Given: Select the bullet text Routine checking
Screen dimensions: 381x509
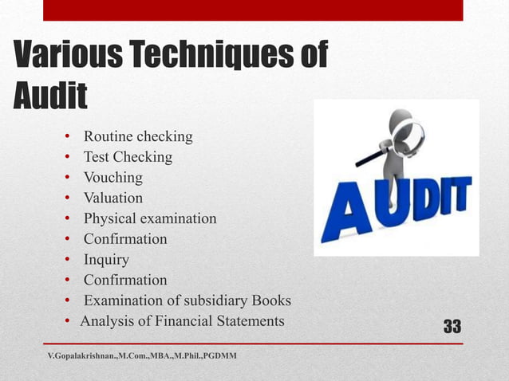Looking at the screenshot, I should [x=138, y=136].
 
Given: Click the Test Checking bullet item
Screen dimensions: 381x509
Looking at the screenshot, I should [x=128, y=157].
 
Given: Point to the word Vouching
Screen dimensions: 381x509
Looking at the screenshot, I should [x=113, y=177].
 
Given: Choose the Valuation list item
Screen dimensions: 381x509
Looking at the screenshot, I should [x=113, y=198].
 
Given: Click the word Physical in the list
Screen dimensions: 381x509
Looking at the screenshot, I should [x=110, y=218].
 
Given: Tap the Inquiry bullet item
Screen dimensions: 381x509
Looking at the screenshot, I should [x=106, y=259].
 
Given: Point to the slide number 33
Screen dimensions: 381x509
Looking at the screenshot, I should [x=452, y=326].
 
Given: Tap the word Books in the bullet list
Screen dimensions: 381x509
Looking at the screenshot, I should [x=271, y=300].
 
